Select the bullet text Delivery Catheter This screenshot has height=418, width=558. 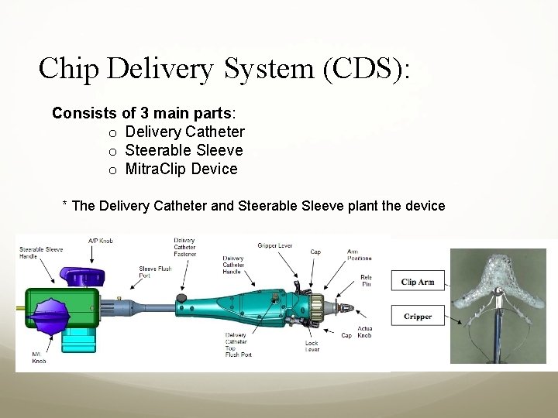184,132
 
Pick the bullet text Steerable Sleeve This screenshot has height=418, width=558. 184,150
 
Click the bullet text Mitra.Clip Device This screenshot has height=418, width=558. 181,169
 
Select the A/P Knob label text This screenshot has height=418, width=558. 101,242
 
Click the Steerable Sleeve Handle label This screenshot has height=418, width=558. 40,253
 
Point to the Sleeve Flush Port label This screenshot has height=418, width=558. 155,272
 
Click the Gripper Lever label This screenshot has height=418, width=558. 274,245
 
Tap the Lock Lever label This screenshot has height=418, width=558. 312,346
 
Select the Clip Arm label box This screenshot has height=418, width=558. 418,282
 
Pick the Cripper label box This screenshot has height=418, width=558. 418,317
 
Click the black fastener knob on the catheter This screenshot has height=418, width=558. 181,297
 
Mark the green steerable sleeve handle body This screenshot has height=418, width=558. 62,308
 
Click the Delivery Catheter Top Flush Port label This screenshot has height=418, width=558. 236,345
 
